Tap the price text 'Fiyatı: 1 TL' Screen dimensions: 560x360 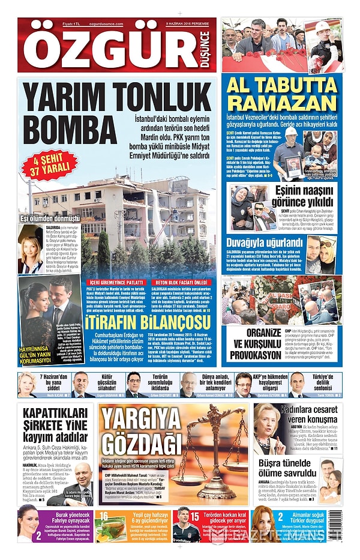pyautogui.click(x=56, y=24)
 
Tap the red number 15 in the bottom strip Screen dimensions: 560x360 pyautogui.click(x=194, y=516)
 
